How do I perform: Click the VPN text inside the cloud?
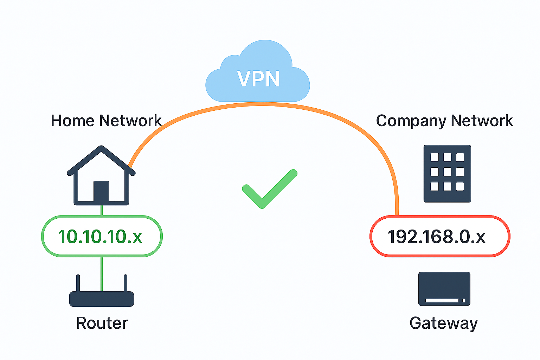(x=258, y=79)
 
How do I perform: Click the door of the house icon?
(x=101, y=191)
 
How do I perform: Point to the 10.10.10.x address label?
(x=101, y=236)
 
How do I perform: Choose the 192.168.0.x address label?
(x=437, y=236)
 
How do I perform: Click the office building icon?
(x=447, y=173)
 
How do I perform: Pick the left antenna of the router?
(x=78, y=283)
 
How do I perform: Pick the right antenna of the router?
(x=125, y=283)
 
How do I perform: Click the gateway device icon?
(x=444, y=289)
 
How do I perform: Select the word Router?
(x=102, y=323)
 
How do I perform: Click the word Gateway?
(x=444, y=323)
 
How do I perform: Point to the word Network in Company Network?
(x=482, y=121)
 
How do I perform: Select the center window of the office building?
(x=447, y=172)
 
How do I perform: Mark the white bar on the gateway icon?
(x=442, y=301)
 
